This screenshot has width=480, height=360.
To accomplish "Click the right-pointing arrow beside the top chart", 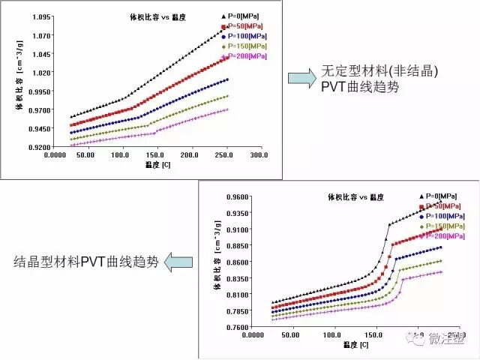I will (301, 78).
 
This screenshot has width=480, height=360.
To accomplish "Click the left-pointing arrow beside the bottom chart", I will (178, 262).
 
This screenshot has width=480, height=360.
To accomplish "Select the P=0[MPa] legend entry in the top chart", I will (244, 15).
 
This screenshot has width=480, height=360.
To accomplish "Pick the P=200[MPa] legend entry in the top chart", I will (244, 56).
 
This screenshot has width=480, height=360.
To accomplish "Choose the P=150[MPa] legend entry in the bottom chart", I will (442, 226).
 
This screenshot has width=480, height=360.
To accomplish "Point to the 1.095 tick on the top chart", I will (39, 16).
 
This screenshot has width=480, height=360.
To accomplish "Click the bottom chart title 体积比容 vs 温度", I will (356, 197).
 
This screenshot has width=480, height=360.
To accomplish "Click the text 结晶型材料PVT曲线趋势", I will (87, 262).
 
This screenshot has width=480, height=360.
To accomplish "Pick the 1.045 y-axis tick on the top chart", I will (39, 54).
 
